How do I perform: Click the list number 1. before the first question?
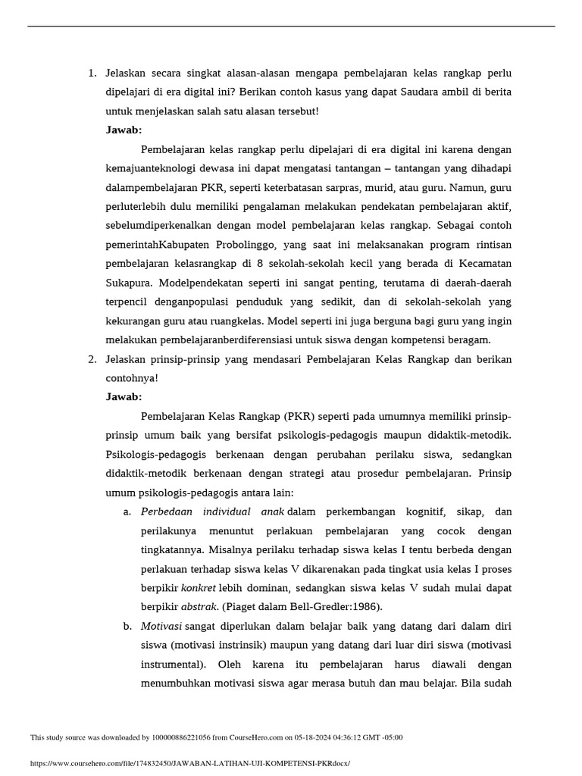92,74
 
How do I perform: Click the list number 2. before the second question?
92,359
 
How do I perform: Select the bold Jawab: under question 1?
124,130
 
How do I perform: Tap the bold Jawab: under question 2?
124,397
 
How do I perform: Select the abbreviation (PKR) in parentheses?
300,416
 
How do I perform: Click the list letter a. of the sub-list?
127,512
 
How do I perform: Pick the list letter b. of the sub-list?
127,625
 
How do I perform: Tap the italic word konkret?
196,587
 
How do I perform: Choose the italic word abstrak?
197,606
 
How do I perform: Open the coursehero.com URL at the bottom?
190,763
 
